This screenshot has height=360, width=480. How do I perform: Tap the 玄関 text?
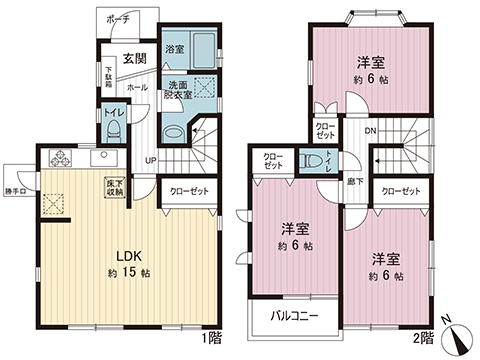(x=135, y=59)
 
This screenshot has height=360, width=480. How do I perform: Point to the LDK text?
(x=126, y=253)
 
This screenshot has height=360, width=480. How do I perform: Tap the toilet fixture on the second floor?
(x=314, y=161)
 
